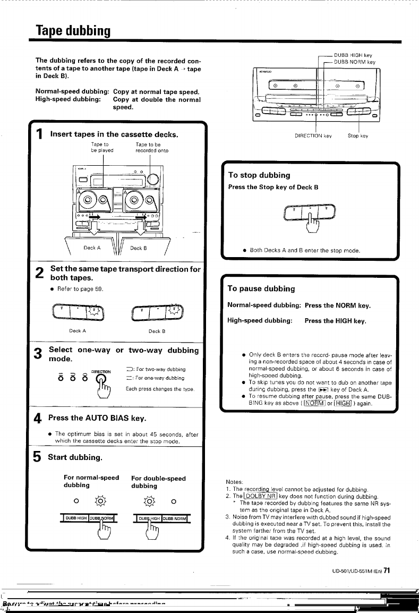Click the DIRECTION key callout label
[313, 136]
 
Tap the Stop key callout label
[357, 136]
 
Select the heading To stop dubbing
[259, 175]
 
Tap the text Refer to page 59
[81, 289]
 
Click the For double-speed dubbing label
[158, 482]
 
